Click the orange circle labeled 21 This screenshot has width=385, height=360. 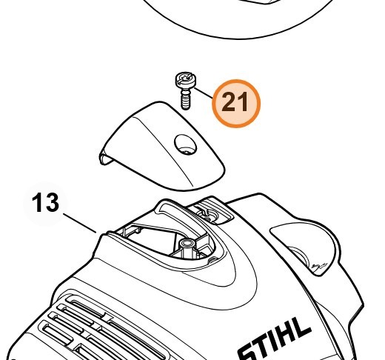[x=236, y=104]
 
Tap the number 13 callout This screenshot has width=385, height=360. [x=46, y=202]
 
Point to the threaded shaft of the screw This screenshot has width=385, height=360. [x=186, y=99]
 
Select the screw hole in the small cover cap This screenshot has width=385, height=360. [x=186, y=144]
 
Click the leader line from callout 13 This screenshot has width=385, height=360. [x=79, y=223]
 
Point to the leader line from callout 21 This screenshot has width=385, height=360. [x=204, y=93]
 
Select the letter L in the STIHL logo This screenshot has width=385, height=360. [x=301, y=327]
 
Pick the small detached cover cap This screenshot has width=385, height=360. [x=161, y=146]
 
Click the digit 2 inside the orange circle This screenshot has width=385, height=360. [x=229, y=101]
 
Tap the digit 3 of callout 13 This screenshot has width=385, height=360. [x=52, y=202]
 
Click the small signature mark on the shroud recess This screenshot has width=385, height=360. [x=320, y=266]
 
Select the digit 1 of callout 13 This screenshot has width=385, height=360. [x=37, y=202]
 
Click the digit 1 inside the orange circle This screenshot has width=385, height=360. [x=243, y=101]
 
